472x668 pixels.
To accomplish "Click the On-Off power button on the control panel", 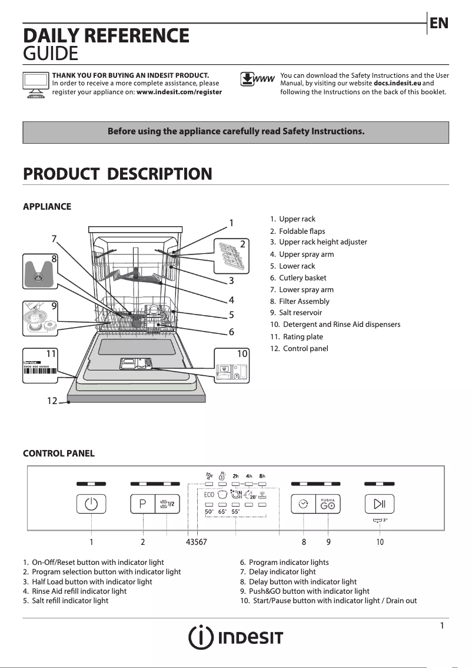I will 91,504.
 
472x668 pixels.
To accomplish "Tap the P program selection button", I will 142,504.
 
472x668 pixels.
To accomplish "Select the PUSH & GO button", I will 328,504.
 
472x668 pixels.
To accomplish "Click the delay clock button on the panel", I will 304,504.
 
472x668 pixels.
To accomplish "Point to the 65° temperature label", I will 222,512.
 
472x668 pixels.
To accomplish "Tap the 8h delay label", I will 262,476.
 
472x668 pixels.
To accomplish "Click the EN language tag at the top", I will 439,23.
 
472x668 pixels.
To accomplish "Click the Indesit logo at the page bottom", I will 235,637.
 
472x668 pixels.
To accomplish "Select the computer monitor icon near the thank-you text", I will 35,85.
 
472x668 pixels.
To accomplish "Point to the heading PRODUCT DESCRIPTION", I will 117,174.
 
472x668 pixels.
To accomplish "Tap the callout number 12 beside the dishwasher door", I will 52,401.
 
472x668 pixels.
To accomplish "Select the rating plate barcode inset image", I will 40,366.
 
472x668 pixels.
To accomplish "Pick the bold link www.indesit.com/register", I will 179,92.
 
